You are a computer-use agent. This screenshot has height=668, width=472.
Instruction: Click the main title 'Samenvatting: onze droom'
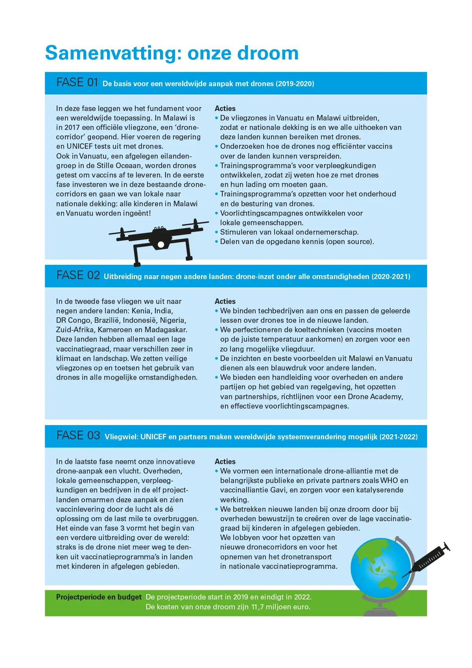[x=172, y=53]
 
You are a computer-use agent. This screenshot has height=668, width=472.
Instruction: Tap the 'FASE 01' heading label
[x=77, y=83]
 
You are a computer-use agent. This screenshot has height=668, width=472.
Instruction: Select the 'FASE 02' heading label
[x=78, y=276]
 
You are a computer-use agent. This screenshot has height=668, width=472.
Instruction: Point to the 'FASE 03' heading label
[x=78, y=436]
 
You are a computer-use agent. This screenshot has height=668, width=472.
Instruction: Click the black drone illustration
[x=159, y=241]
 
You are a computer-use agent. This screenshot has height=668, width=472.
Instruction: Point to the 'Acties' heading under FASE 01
[x=225, y=109]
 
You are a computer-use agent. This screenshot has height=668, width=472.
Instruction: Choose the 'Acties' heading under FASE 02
[x=225, y=302]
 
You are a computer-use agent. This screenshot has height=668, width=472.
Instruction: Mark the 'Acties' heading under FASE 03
[x=225, y=462]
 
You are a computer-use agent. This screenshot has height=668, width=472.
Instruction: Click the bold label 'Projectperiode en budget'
[x=99, y=597]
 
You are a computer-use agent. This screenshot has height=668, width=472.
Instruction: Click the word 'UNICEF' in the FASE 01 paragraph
[x=80, y=146]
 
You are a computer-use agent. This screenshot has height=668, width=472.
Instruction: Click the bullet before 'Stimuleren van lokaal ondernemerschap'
[x=216, y=232]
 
